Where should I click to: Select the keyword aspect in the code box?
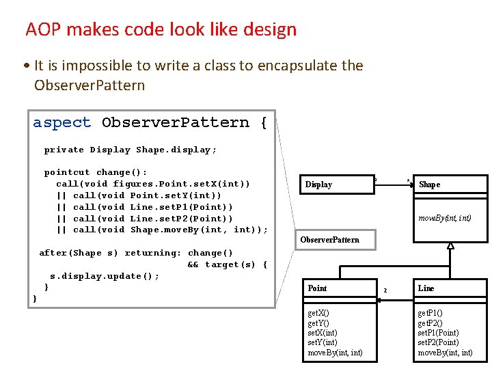(x=61, y=123)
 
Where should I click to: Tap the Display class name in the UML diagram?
(x=318, y=184)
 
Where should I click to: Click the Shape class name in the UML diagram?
(x=429, y=184)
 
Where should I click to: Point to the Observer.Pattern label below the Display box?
(x=329, y=240)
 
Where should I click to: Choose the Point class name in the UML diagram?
(x=317, y=288)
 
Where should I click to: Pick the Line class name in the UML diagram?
(x=426, y=288)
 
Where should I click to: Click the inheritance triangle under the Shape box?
(x=450, y=246)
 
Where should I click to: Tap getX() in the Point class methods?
(x=318, y=313)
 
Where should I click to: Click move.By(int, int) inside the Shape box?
(x=444, y=219)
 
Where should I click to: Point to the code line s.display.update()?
(x=105, y=276)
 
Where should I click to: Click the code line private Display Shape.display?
(x=131, y=150)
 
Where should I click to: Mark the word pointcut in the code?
(x=67, y=173)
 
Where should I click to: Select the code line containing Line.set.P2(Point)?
(x=152, y=219)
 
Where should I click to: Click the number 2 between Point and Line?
(x=385, y=290)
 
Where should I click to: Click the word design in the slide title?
(x=271, y=30)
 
